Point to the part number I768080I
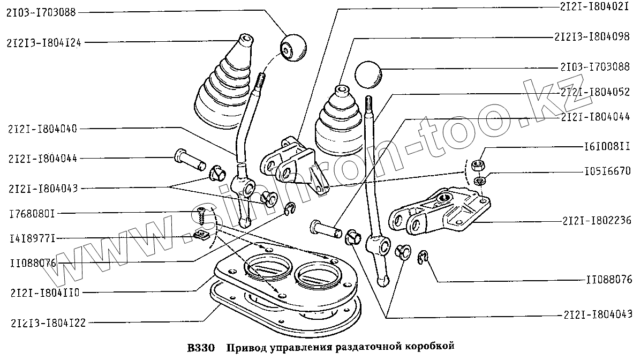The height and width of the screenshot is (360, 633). (x=32, y=213)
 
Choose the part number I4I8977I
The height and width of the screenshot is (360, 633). (x=32, y=237)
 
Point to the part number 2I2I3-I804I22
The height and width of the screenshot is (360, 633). (x=47, y=322)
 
